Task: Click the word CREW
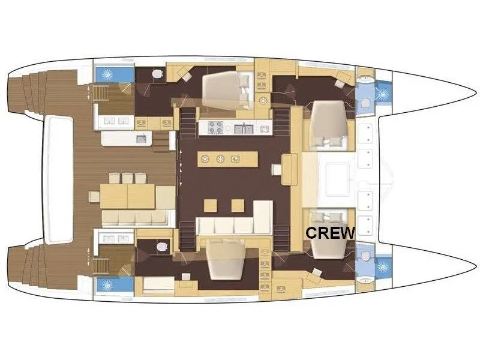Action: pyautogui.click(x=330, y=233)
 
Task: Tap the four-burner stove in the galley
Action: pyautogui.click(x=215, y=127)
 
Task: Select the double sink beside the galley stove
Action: pyautogui.click(x=244, y=128)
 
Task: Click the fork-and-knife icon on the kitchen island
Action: pyautogui.click(x=235, y=159)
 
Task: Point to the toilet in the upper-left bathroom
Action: pyautogui.click(x=157, y=74)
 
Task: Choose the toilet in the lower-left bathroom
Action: pyautogui.click(x=162, y=247)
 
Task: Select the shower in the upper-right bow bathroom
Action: pyautogui.click(x=383, y=94)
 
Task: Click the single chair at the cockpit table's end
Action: pyautogui.click(x=94, y=197)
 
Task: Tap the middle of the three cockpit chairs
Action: pyautogui.click(x=127, y=178)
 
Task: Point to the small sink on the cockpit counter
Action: pyautogui.click(x=142, y=139)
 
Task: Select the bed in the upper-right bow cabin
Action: pyautogui.click(x=329, y=124)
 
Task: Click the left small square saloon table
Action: pyautogui.click(x=211, y=205)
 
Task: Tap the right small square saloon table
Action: pyautogui.click(x=238, y=205)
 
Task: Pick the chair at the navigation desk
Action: pyautogui.click(x=276, y=170)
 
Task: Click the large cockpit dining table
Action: pyautogui.click(x=127, y=196)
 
